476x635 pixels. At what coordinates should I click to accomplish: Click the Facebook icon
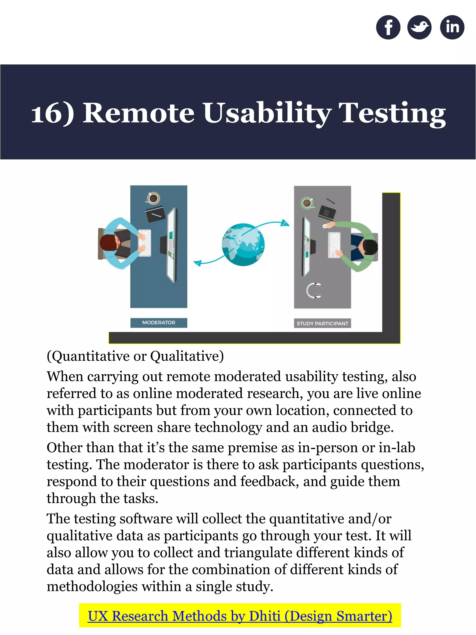[x=388, y=27]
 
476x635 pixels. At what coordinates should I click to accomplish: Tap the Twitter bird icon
[x=419, y=27]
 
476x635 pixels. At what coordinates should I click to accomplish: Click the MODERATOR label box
[x=159, y=323]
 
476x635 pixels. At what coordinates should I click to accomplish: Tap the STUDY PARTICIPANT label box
[x=322, y=323]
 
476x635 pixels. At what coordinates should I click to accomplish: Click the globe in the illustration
[x=243, y=245]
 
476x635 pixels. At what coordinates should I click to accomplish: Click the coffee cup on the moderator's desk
[x=153, y=198]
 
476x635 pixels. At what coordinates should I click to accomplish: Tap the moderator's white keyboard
[x=145, y=243]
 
